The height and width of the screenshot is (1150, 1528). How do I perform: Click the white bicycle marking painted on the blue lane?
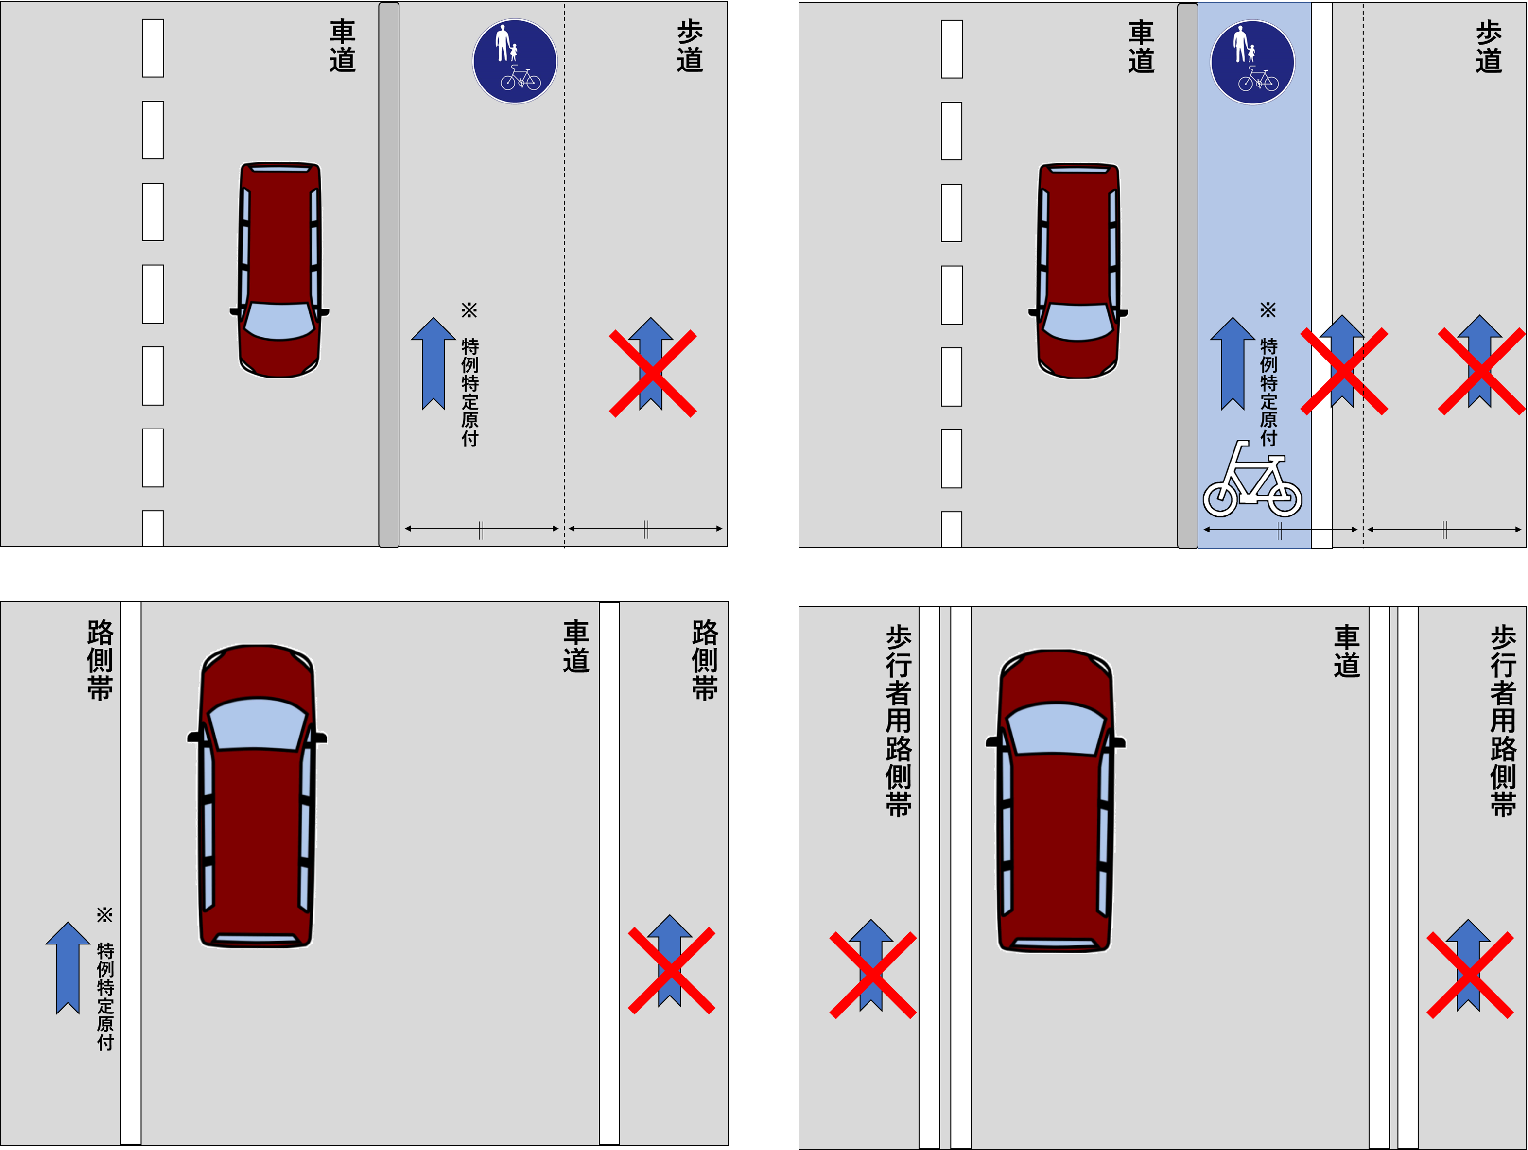tap(1251, 479)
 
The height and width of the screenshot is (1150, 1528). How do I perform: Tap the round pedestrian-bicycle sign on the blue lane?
tap(1252, 62)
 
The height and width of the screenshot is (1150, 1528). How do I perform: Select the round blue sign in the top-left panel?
tap(515, 61)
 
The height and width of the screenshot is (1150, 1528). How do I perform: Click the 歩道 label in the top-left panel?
tap(689, 46)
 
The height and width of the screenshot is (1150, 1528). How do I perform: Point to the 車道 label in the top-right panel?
tap(1141, 46)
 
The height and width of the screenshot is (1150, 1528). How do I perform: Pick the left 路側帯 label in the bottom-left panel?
tap(100, 660)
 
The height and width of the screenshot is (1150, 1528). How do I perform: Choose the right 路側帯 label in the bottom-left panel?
tap(705, 660)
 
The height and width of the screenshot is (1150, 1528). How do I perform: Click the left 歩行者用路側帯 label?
tap(898, 721)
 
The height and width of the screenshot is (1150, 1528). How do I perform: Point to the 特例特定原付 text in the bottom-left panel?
tap(105, 996)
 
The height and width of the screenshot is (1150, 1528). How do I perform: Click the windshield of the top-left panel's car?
tap(279, 321)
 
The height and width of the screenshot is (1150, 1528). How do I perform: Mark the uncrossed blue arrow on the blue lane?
tap(1233, 363)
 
